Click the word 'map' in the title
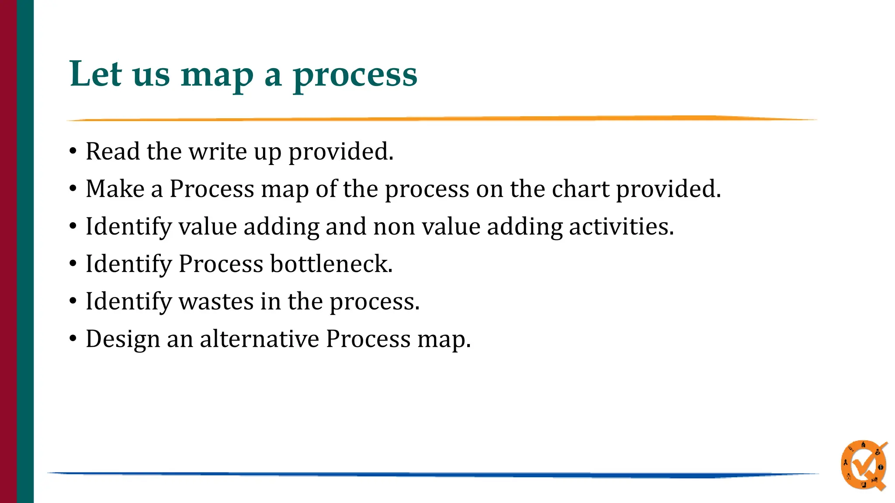(217, 75)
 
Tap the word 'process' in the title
(355, 75)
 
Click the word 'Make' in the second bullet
(115, 189)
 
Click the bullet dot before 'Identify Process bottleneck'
(73, 264)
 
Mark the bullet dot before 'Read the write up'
(73, 151)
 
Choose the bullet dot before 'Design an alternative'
(73, 339)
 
